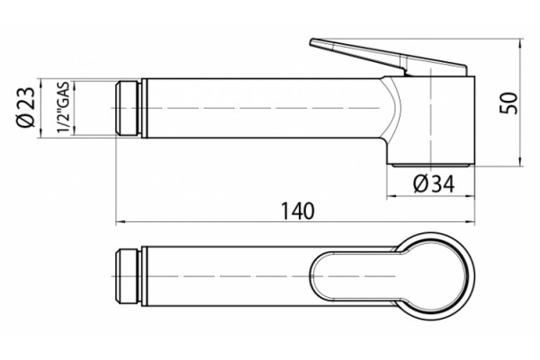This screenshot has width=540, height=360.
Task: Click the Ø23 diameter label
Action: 26,107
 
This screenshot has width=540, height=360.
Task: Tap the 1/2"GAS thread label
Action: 64,107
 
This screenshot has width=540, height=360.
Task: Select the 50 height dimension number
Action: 508,103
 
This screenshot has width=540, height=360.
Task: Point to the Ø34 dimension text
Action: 434,184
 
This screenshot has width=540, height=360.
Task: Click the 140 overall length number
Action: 298,211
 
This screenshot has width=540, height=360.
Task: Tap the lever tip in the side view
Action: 312,42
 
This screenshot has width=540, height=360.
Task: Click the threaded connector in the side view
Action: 128,108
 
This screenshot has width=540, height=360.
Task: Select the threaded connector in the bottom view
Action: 128,276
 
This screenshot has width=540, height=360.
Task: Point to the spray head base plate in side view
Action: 431,166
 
